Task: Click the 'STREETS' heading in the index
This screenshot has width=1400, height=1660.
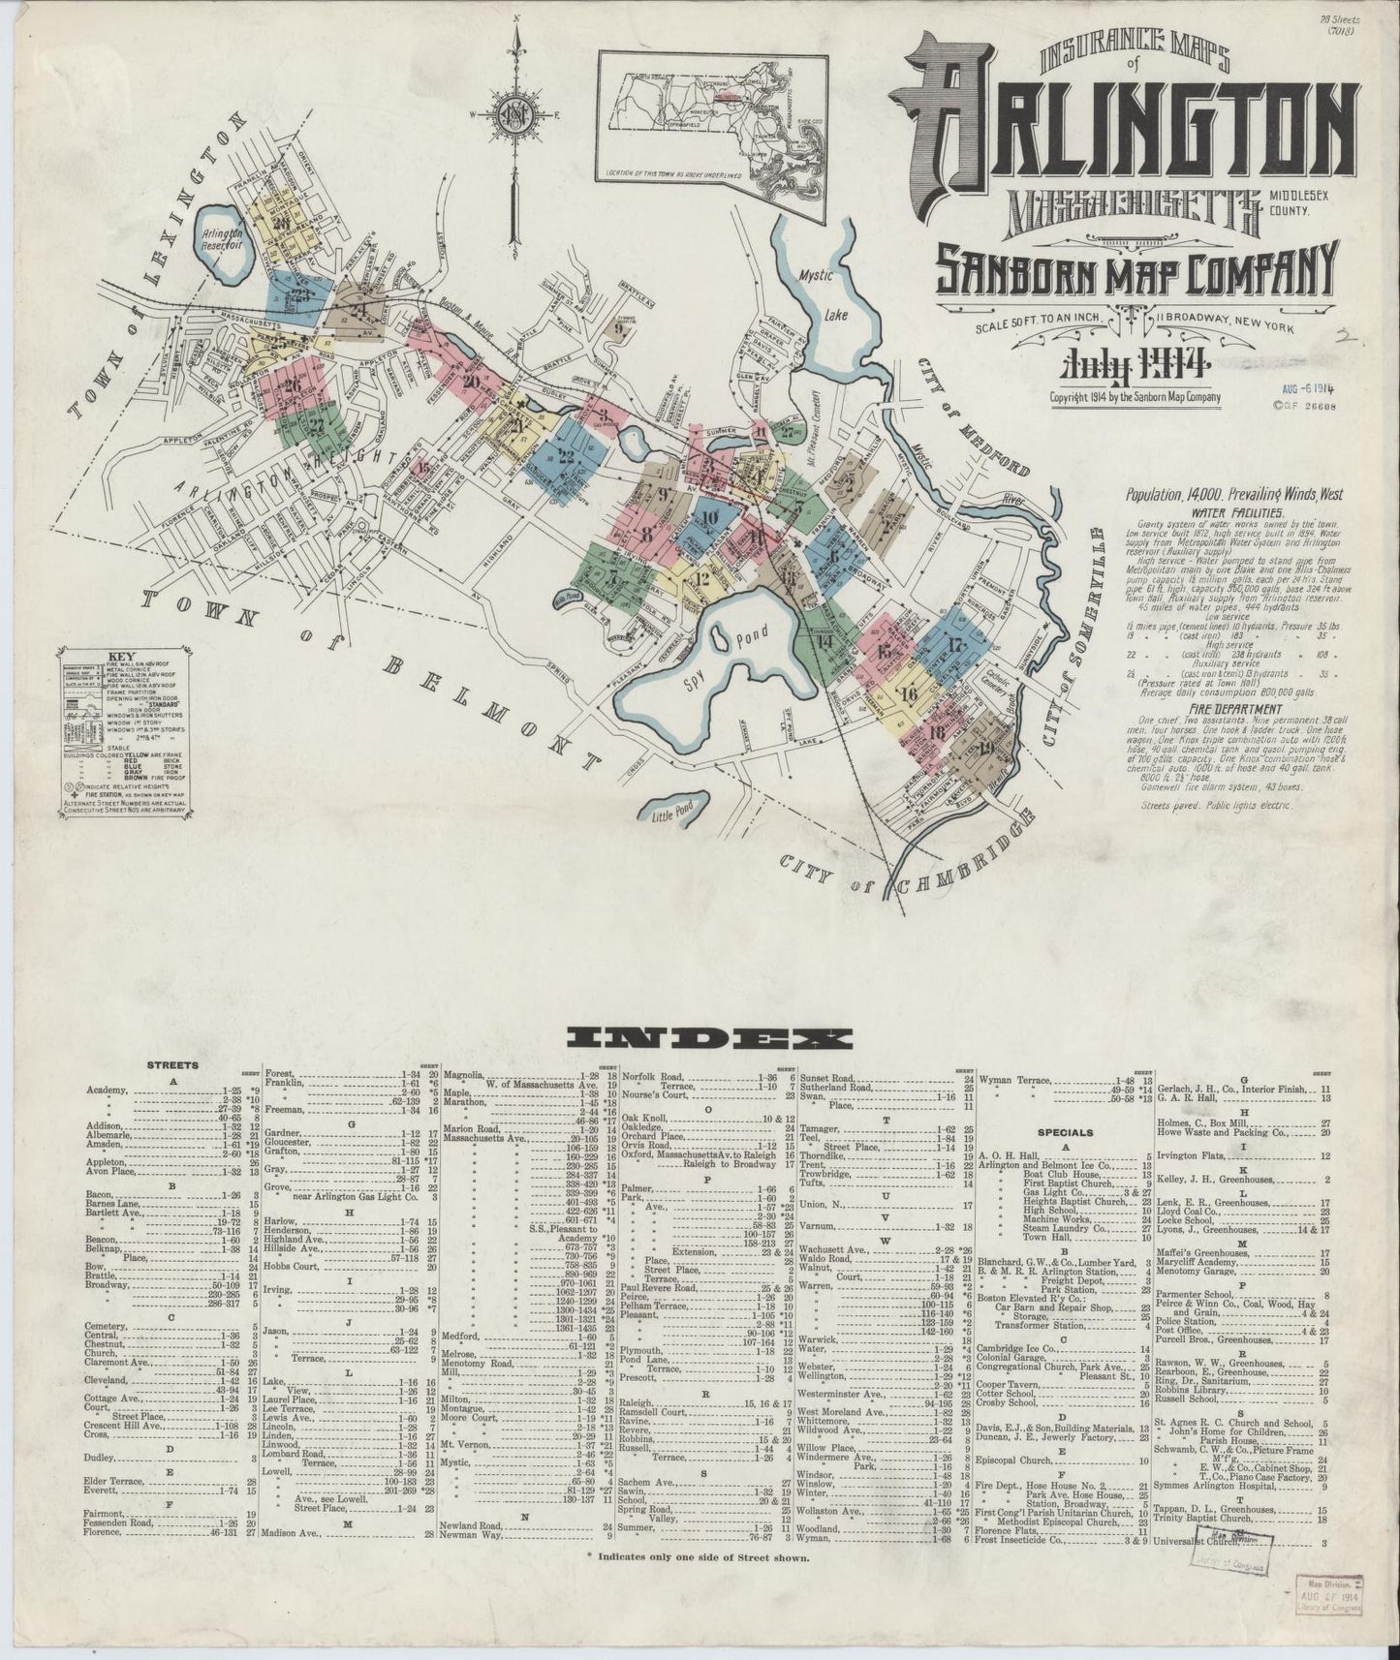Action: point(172,1064)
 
